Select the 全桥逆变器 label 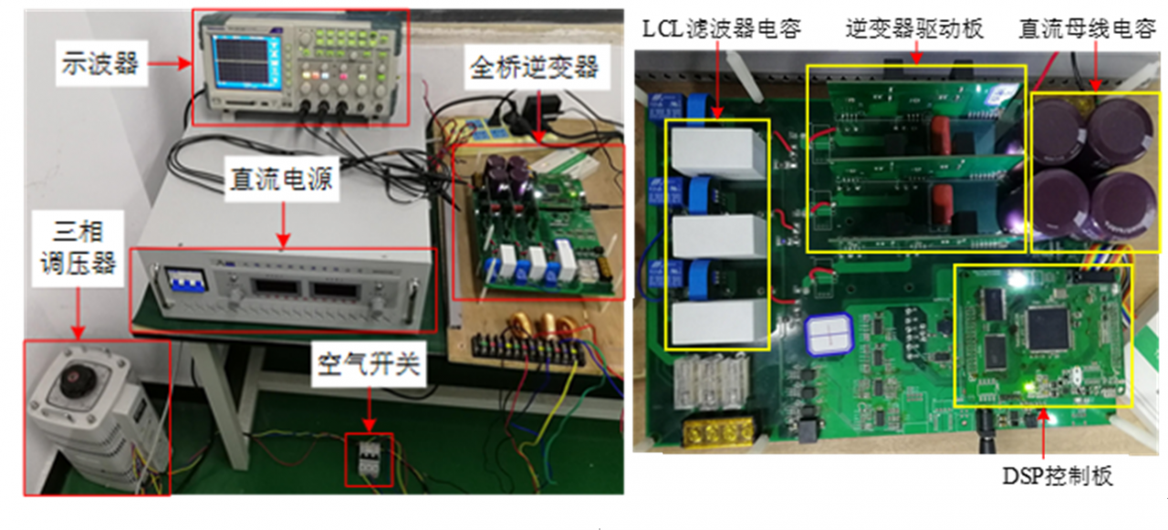pyautogui.click(x=534, y=68)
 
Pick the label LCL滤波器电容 pyautogui.click(x=721, y=29)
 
